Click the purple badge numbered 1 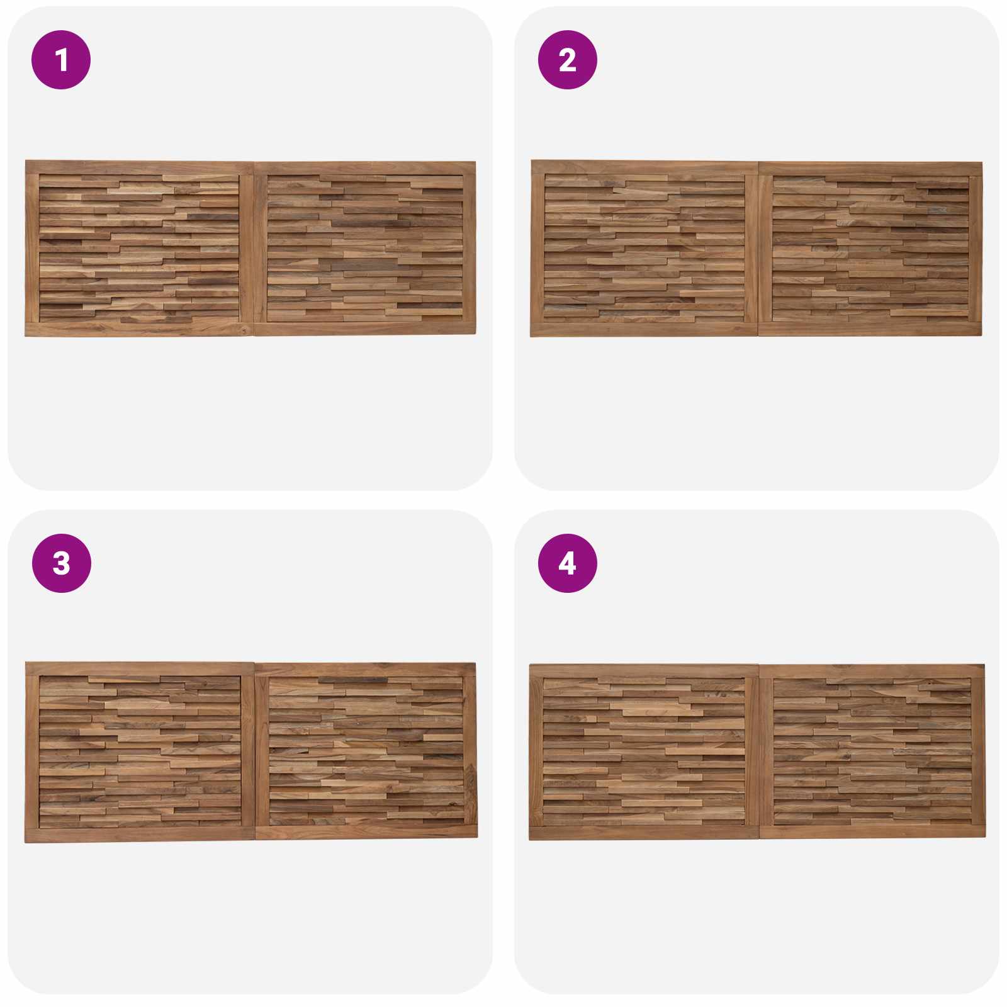tap(61, 60)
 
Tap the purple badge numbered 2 tap(567, 60)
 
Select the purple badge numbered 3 tap(61, 563)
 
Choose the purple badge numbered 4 tap(567, 563)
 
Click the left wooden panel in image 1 tap(139, 248)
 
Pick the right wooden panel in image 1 tap(364, 249)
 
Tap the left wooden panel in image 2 tap(644, 248)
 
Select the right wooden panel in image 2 tap(870, 249)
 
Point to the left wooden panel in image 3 tap(140, 752)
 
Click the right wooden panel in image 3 tap(366, 751)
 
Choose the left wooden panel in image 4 tap(644, 752)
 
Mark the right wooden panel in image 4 tap(872, 751)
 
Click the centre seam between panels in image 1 tap(254, 249)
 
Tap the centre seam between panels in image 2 tap(759, 249)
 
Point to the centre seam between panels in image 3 tap(255, 751)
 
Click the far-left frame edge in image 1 tap(31, 248)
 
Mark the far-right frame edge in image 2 tap(976, 249)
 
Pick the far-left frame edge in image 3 tap(32, 752)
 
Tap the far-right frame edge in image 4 tap(978, 751)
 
